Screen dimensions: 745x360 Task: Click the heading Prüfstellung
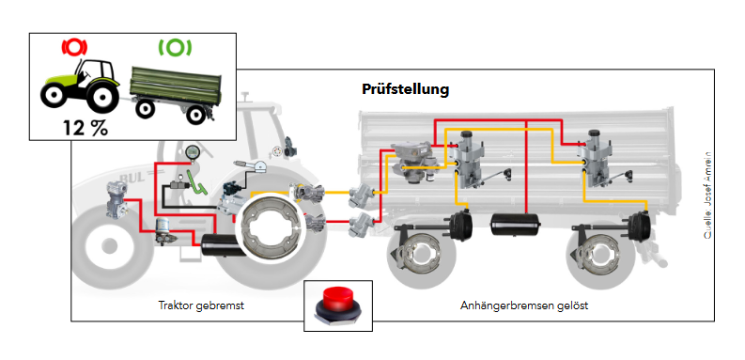point(405,89)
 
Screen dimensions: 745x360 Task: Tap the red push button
point(338,305)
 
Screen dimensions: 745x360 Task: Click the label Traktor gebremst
point(201,305)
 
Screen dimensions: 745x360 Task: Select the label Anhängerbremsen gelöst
point(524,305)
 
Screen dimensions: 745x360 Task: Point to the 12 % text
point(85,128)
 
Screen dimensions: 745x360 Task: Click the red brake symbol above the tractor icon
point(74,47)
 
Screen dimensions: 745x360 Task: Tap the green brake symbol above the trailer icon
point(175,47)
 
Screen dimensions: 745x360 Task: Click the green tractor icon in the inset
point(80,86)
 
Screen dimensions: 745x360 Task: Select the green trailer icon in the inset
point(176,94)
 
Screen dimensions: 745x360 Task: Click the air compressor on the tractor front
point(116,200)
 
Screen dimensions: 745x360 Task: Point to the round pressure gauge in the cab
point(193,152)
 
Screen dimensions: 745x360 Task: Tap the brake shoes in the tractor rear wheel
point(269,227)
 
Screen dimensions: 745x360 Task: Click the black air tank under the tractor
point(221,244)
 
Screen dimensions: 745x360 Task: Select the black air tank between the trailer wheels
point(516,224)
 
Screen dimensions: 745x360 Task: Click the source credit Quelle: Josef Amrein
point(708,196)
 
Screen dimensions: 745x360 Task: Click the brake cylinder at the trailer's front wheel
point(461,225)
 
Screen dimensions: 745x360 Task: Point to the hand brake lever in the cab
point(251,165)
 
